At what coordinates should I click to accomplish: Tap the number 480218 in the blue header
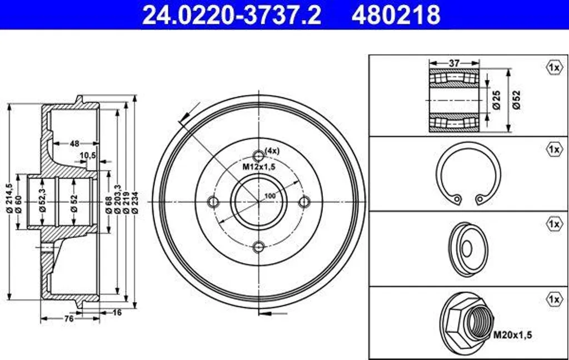[396, 14]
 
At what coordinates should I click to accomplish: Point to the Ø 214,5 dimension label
[9, 198]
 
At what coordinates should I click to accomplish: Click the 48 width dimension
[74, 144]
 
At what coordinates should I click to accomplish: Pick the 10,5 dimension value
[88, 155]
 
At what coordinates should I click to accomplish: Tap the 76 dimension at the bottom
[69, 319]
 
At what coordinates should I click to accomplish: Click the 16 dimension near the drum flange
[117, 312]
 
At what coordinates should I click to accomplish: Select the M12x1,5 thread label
[259, 167]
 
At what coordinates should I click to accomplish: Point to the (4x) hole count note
[272, 151]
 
